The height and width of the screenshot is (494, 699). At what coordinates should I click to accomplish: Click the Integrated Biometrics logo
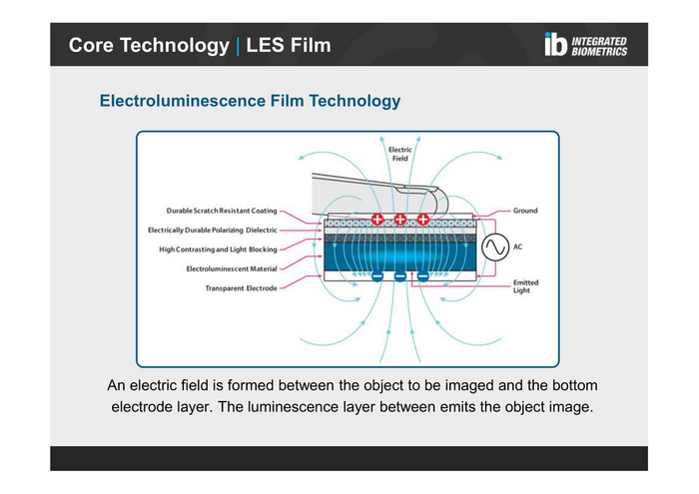(x=586, y=45)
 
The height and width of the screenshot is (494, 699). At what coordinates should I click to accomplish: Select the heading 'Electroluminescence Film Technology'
(x=250, y=102)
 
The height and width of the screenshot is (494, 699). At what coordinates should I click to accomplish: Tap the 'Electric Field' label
(x=399, y=155)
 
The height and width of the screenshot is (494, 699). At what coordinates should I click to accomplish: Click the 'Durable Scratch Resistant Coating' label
(x=222, y=212)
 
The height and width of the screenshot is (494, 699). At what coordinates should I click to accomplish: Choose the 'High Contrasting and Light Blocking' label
(x=218, y=249)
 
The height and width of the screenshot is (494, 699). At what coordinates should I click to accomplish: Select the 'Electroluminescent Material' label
(x=232, y=268)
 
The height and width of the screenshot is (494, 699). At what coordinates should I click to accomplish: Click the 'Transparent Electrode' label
(x=241, y=288)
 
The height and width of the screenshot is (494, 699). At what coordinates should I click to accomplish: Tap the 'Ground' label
(x=525, y=212)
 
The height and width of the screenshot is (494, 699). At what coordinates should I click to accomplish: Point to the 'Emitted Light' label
(x=525, y=286)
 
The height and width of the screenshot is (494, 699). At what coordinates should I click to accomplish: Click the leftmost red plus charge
(x=377, y=219)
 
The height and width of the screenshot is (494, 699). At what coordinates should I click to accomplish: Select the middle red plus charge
(x=400, y=219)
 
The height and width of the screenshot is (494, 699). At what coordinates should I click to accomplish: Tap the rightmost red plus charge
(x=423, y=219)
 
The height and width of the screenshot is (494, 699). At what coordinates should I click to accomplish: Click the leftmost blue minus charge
(x=377, y=275)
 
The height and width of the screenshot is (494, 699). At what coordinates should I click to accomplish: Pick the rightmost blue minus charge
(x=423, y=275)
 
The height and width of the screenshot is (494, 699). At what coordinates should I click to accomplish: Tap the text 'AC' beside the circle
(x=518, y=246)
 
